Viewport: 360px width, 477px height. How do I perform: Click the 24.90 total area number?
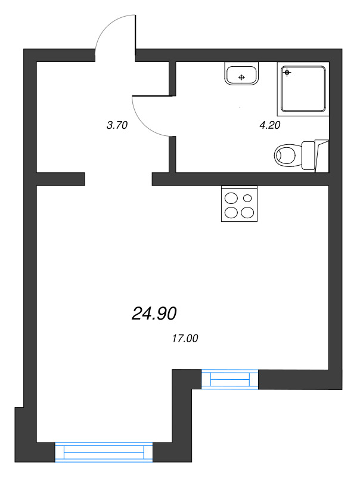coord(154,313)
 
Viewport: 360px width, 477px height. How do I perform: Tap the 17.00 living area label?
coord(184,339)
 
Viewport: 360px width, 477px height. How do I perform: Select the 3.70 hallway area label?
coord(117,125)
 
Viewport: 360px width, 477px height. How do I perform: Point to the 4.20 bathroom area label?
coord(269,125)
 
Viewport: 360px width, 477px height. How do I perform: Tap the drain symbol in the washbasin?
coord(241,78)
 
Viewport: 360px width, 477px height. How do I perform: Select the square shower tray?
coord(303,89)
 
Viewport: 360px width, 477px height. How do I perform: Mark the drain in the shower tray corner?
coord(287,73)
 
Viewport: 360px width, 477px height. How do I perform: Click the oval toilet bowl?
coord(286,156)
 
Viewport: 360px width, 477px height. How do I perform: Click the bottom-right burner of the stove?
coord(247,212)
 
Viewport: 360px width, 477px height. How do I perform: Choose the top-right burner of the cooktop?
coord(247,197)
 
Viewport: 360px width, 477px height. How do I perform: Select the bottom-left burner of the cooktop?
coord(231,212)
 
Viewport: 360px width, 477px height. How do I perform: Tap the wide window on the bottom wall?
coord(104,452)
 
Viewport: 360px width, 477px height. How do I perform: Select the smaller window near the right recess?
coord(229,379)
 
